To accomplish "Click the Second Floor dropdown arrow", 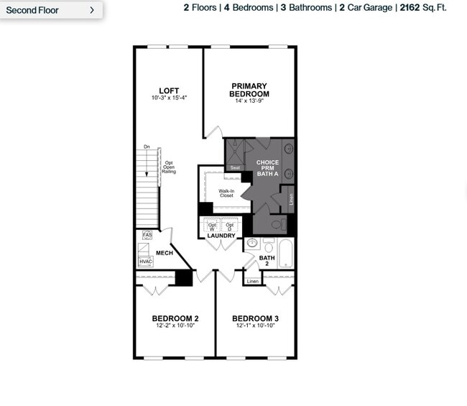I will tap(92, 10).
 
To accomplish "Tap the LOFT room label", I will tap(169, 91).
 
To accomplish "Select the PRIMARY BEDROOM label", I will tap(249, 90).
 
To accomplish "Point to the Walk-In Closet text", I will tap(226, 193).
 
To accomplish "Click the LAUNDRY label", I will tap(221, 236).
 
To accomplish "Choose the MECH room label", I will tap(165, 253).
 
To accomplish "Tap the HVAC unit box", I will tap(146, 262).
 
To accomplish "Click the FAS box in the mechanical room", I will tap(147, 235).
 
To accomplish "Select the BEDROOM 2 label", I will tap(175, 318).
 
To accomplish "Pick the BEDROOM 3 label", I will tap(255, 318).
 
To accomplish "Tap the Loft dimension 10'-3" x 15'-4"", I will tap(169, 98).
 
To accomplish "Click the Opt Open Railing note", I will tap(169, 167).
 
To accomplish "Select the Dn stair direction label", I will tap(147, 147).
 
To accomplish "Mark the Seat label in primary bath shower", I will tap(235, 167).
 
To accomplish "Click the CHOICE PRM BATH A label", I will tap(267, 167).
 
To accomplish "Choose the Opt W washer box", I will tap(212, 226).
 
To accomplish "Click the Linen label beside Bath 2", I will tap(252, 281).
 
